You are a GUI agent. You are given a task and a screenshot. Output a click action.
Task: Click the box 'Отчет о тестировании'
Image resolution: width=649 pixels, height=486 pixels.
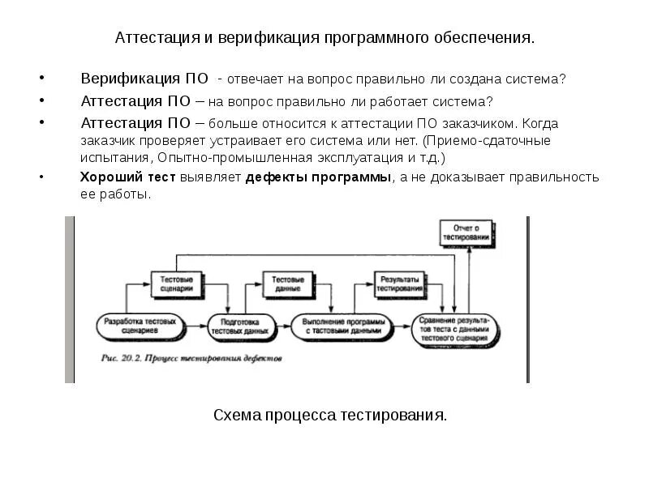point(466,232)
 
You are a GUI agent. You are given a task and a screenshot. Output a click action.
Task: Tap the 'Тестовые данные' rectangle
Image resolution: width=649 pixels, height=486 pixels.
point(283,283)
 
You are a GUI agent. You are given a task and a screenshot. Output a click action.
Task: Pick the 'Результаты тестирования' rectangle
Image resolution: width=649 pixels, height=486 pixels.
point(398,283)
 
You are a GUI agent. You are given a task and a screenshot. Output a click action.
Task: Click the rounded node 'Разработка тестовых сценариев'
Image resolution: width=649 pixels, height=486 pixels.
point(140,326)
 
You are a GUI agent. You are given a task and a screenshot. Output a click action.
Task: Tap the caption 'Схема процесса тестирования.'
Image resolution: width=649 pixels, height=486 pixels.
point(329,416)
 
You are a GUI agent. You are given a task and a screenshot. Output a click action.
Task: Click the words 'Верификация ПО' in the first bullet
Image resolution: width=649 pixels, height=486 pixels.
point(143,79)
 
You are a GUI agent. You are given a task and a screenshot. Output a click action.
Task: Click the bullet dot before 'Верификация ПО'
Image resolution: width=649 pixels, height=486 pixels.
point(41,79)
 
